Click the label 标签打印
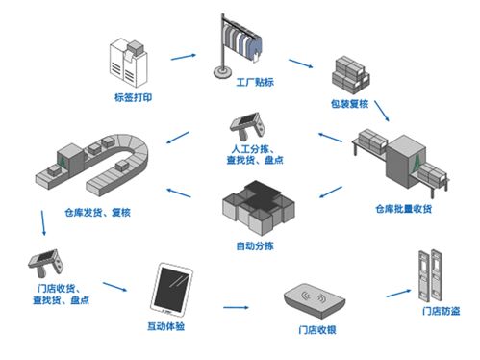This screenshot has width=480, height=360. (x=134, y=96)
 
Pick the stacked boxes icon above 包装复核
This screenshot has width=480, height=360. (x=352, y=72)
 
